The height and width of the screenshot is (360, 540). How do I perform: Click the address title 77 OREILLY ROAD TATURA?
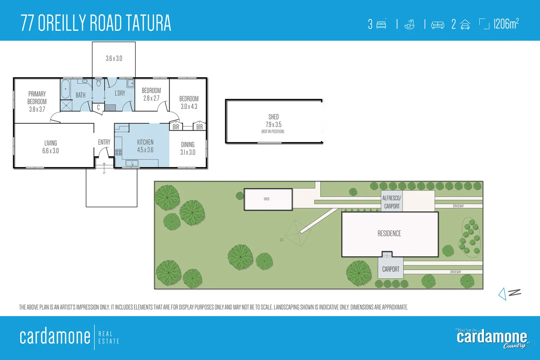[96, 23]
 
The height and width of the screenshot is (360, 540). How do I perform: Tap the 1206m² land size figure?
[506, 24]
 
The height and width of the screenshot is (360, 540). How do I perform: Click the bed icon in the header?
[381, 24]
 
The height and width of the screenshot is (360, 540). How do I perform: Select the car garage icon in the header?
[465, 24]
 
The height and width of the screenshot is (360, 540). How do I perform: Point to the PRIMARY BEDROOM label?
[37, 101]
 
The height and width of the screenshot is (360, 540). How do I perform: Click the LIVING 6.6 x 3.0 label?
[50, 147]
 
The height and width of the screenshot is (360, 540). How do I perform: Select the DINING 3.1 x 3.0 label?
[188, 148]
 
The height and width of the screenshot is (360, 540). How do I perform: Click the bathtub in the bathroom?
[66, 89]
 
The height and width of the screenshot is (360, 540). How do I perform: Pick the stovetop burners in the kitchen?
[118, 152]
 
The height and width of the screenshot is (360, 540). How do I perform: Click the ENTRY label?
[104, 142]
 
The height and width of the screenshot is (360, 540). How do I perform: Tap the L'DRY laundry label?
[120, 93]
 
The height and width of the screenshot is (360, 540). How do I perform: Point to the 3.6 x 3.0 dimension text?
[114, 58]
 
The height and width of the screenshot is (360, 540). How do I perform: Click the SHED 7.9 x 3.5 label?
[273, 121]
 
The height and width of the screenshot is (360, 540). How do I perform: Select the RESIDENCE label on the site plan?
[389, 234]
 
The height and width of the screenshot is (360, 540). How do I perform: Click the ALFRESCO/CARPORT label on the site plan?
[392, 202]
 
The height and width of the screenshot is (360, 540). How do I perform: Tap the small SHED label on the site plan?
[266, 199]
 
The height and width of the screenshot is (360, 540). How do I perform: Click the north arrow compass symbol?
[509, 293]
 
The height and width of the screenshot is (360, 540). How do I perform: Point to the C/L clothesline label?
[282, 240]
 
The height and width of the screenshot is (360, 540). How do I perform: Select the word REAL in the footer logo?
[105, 334]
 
